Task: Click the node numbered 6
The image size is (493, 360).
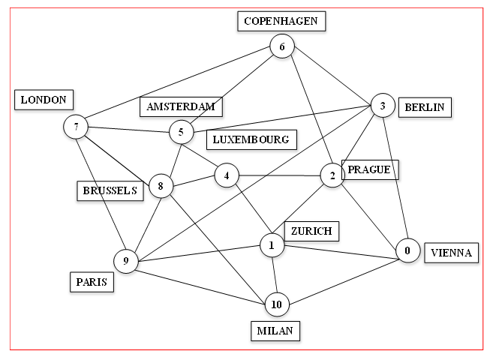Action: (282, 47)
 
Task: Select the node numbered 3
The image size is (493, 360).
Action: (383, 106)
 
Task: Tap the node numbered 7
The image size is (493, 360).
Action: (77, 127)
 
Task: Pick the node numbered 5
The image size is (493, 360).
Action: (181, 133)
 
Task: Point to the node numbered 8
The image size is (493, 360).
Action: (161, 185)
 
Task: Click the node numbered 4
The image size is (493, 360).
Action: (226, 175)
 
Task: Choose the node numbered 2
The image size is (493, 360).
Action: (331, 175)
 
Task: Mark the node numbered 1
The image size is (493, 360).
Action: (272, 244)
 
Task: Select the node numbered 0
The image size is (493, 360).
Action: (407, 251)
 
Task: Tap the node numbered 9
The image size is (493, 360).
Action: (126, 261)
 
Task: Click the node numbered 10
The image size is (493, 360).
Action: (277, 304)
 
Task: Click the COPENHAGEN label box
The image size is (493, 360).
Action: (281, 21)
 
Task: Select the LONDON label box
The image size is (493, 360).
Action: (44, 99)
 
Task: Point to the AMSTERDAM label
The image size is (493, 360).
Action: (181, 107)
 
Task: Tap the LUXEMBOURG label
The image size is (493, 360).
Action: (251, 139)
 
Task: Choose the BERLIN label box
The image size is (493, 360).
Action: (424, 107)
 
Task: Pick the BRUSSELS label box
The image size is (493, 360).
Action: (110, 190)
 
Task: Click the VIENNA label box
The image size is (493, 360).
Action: (451, 253)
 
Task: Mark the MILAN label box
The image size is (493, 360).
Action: (275, 330)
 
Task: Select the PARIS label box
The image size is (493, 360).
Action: (92, 282)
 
